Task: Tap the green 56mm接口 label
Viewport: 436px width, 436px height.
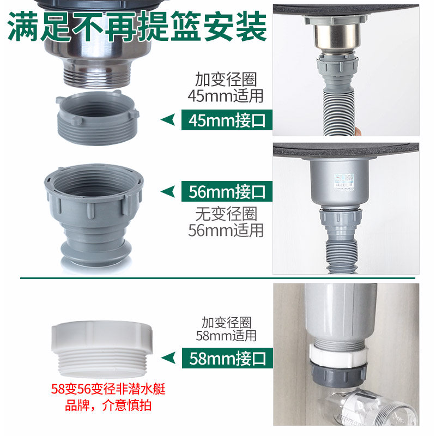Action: coord(226,192)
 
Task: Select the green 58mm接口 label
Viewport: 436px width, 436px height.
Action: coord(226,358)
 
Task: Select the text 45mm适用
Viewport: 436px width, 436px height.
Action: coord(226,96)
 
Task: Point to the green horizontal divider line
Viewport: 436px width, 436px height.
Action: coord(218,278)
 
